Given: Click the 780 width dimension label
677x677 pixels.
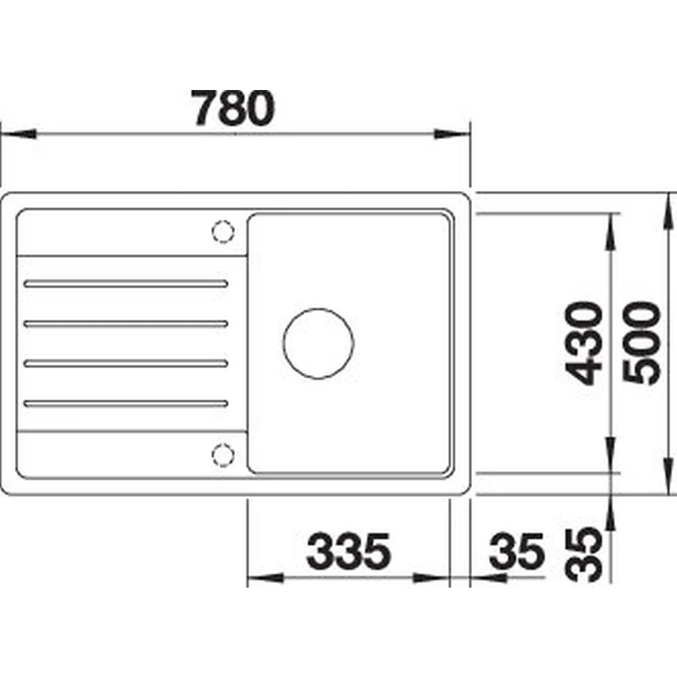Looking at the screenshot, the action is coord(233,108).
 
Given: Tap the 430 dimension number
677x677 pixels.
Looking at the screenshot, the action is coord(584,343).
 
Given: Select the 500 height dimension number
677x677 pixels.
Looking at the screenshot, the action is coord(642,343).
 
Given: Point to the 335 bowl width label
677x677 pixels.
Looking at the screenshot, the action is coord(348,551).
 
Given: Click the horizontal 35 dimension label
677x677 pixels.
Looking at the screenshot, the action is coord(517,551).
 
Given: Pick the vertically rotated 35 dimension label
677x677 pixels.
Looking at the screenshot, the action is coord(584,555).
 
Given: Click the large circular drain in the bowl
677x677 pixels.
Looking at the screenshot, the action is coord(319,344).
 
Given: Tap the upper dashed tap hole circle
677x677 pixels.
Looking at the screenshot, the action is coord(223,232).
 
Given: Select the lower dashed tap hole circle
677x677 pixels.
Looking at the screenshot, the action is coord(223,455).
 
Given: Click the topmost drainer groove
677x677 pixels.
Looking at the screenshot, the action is coord(126,284).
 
